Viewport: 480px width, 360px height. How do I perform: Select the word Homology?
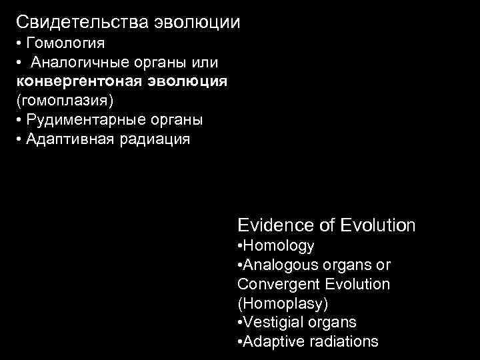click(278, 245)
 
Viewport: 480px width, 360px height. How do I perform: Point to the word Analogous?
click(276, 265)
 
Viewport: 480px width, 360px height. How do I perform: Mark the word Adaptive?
click(269, 342)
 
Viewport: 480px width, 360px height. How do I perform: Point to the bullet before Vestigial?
click(239, 323)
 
